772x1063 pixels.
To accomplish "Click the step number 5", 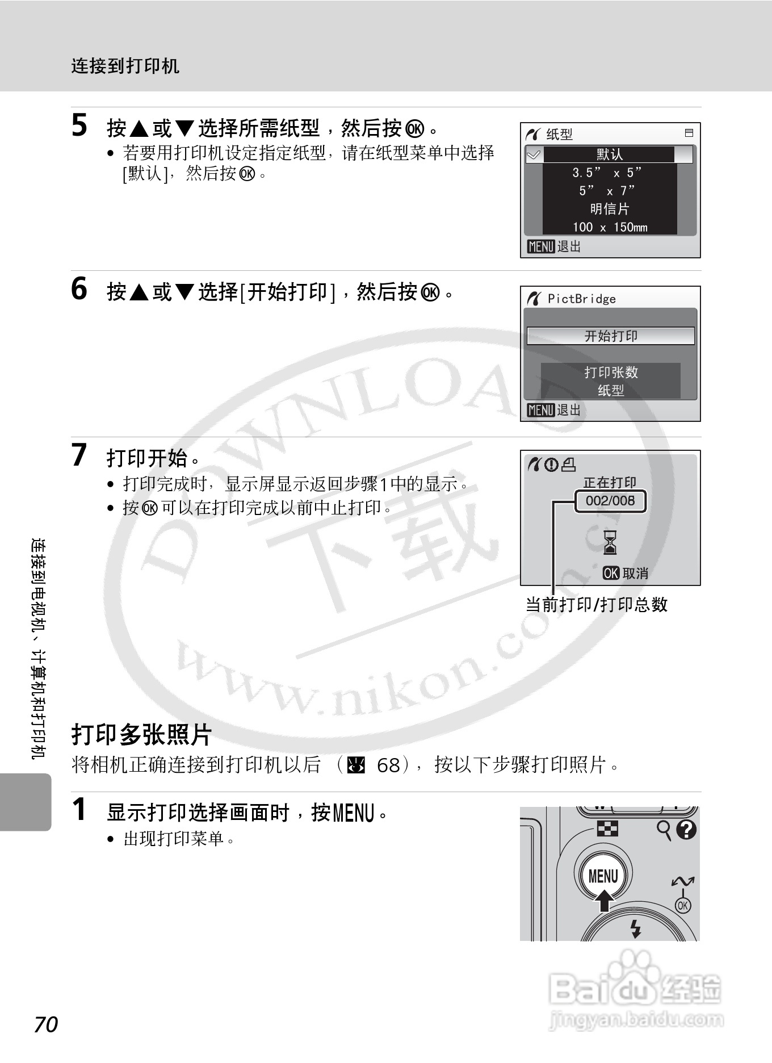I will point(79,125).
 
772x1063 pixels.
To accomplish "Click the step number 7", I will point(79,455).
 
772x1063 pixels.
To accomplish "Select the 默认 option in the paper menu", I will point(610,154).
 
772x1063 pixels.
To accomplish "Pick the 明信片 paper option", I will point(610,209).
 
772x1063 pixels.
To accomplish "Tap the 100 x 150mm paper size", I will point(610,227).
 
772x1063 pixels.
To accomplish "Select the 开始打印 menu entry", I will point(611,336).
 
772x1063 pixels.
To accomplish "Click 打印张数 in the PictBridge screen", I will point(611,373).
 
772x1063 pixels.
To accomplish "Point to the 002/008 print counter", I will point(610,501).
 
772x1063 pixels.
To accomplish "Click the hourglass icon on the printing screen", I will point(610,542).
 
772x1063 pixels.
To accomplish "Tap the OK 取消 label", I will point(626,574).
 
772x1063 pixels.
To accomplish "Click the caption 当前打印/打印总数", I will point(597,605).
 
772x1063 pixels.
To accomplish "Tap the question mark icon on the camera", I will point(686,830).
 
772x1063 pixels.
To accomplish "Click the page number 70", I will point(46,1025).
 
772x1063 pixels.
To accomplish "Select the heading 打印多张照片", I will point(141,735).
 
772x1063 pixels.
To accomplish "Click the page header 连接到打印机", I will point(125,66).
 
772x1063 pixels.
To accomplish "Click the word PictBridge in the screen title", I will point(581,299).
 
